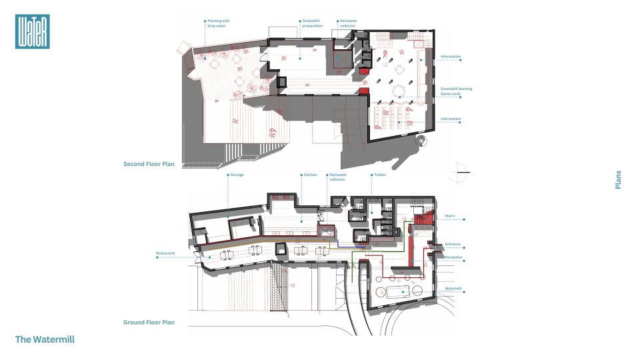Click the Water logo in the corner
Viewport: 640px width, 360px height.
tap(32, 31)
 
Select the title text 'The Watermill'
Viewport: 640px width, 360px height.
tap(45, 339)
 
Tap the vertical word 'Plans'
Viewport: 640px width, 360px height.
tap(618, 180)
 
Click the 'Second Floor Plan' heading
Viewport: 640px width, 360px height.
tap(149, 163)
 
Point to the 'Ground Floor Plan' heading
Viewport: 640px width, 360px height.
tap(149, 322)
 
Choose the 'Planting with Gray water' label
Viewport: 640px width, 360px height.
tap(217, 23)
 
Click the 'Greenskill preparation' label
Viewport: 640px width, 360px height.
tap(313, 23)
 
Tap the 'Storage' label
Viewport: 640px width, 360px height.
tap(236, 175)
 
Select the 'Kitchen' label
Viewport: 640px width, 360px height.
tap(311, 175)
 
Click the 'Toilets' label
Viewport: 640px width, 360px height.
tap(379, 175)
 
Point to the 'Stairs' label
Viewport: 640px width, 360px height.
tap(449, 216)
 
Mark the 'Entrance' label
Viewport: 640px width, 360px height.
tap(453, 245)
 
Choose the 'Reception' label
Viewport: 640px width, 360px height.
tap(454, 257)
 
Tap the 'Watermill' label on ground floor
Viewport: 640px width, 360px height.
tap(453, 289)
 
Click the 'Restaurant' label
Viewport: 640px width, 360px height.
tap(165, 253)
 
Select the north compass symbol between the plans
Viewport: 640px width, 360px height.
tap(459, 172)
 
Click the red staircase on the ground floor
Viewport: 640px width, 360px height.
tap(420, 219)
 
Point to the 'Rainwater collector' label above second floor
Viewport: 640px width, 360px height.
tap(349, 23)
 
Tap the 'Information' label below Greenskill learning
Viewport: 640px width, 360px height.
tap(451, 119)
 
